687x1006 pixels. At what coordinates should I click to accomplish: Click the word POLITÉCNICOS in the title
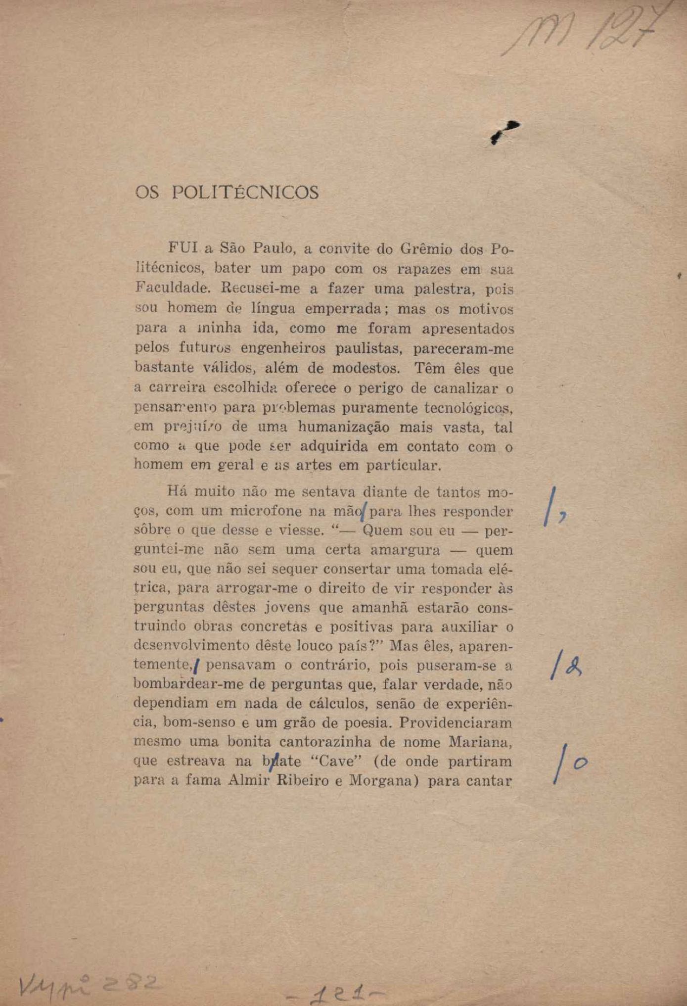(x=245, y=192)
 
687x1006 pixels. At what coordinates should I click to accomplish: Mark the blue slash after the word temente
(x=196, y=667)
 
